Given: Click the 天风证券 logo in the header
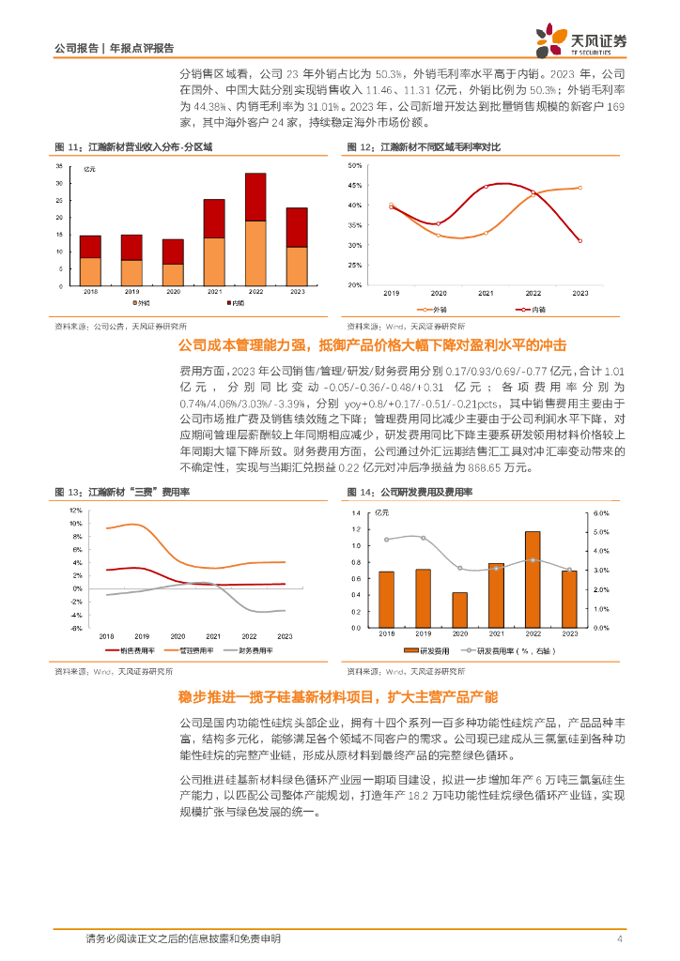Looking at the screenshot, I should [x=580, y=39].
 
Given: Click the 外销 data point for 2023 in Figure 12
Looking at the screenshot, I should [x=580, y=188].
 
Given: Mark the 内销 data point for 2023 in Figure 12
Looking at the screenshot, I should [x=580, y=241].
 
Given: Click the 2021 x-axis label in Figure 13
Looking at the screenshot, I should [x=217, y=635].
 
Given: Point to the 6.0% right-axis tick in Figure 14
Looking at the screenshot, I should [x=602, y=513].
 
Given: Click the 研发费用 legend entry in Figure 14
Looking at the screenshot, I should [x=432, y=650].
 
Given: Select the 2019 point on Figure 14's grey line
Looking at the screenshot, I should [x=423, y=538].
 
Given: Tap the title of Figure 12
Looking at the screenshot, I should [x=424, y=147].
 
